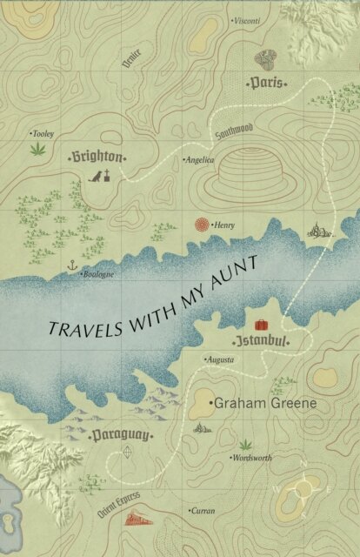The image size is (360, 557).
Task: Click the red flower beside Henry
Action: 202,225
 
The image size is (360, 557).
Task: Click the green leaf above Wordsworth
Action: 244,442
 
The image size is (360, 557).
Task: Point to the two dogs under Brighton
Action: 103,177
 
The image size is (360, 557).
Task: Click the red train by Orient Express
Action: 137,519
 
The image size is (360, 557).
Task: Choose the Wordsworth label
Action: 253,457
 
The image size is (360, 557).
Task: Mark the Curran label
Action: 204,510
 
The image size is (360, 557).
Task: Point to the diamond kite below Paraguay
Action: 130,452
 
